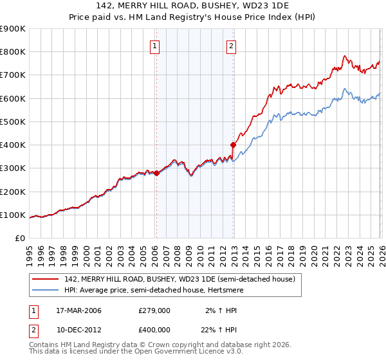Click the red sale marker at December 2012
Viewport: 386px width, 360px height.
[x=233, y=145]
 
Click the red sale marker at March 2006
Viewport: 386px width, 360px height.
[x=156, y=173]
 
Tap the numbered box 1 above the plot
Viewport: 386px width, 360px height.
[x=156, y=46]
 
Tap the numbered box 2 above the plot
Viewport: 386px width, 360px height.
[x=231, y=46]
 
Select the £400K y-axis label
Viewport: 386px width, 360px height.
[x=13, y=145]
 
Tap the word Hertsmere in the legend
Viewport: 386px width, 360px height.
[x=217, y=290]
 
